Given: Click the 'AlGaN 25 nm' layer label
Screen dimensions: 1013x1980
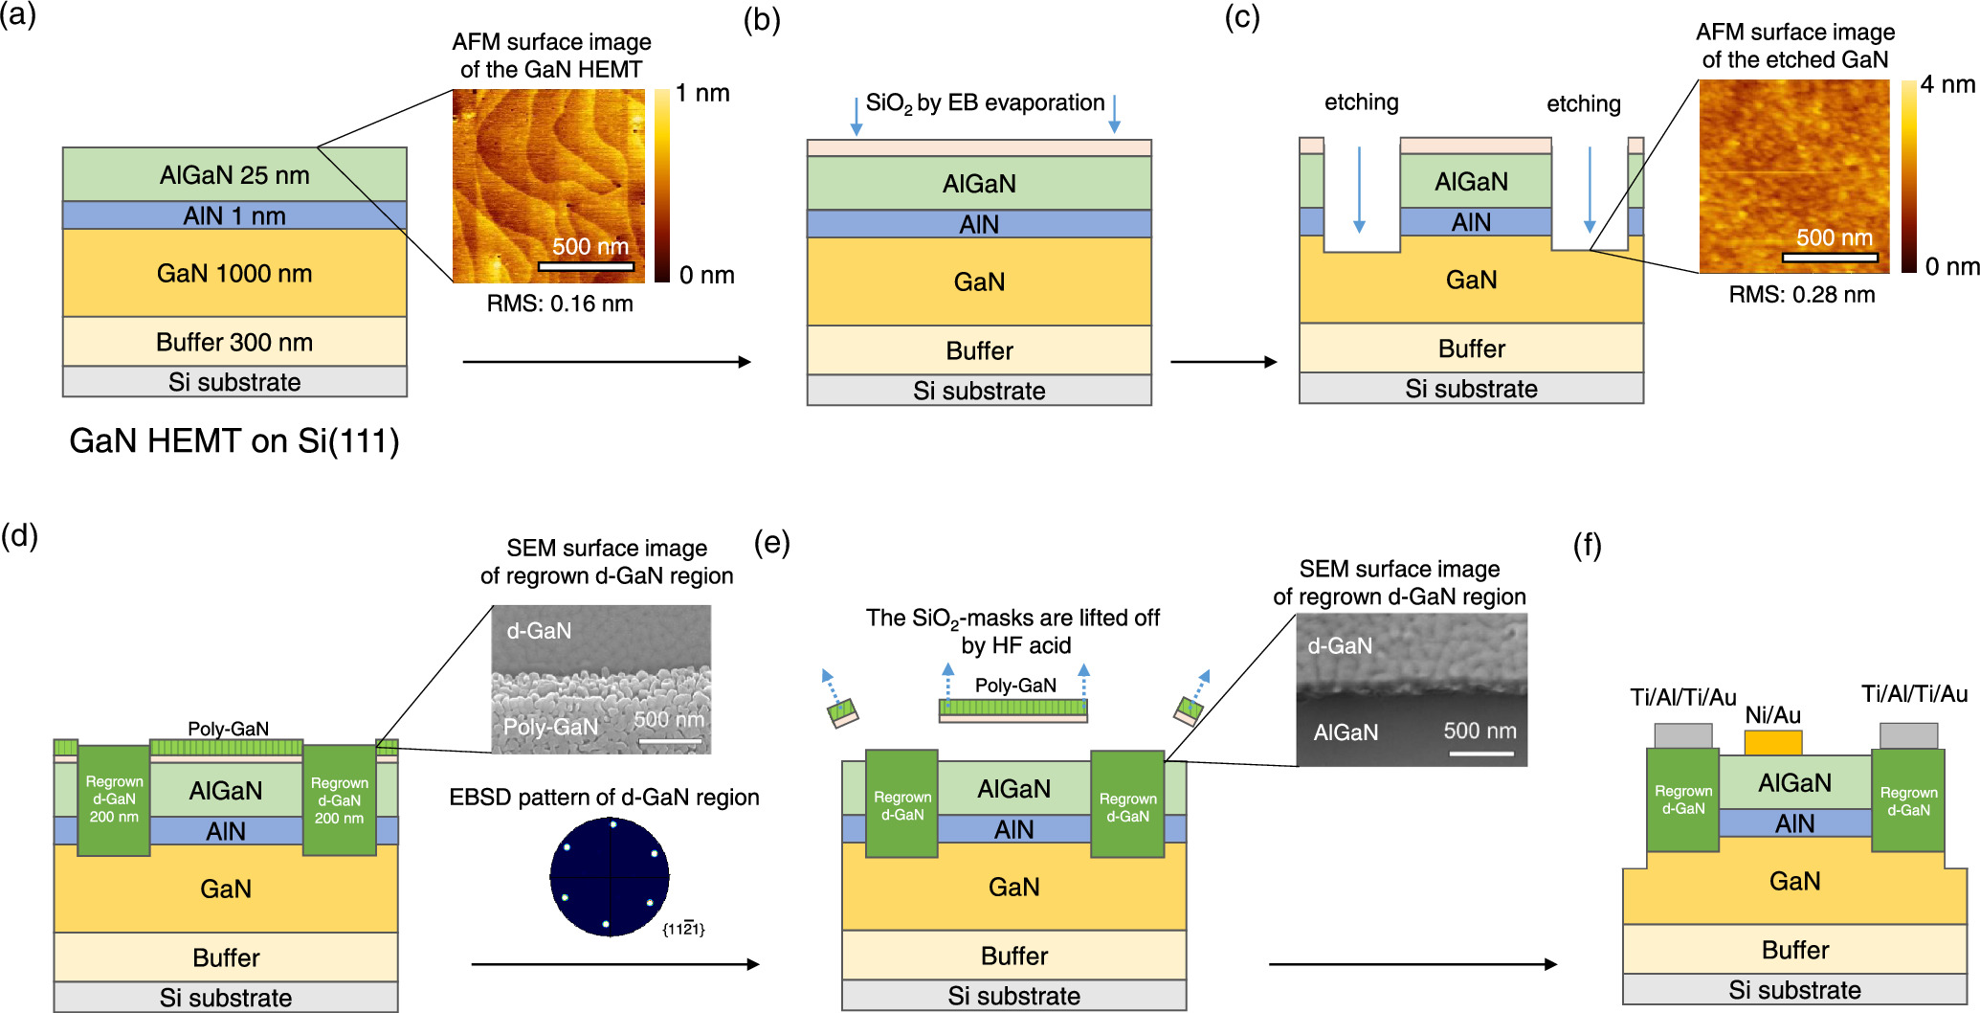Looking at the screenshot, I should pyautogui.click(x=234, y=175).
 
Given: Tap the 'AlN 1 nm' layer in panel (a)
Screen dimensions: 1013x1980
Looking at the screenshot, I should pyautogui.click(x=234, y=215).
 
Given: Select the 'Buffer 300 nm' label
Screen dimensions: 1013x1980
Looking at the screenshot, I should pyautogui.click(x=234, y=342).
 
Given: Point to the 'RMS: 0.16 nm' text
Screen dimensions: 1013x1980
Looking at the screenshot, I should pyautogui.click(x=560, y=304).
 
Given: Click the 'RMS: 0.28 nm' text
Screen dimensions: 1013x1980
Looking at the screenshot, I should pyautogui.click(x=1801, y=294).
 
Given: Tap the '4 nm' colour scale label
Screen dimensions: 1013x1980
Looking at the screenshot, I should pyautogui.click(x=1947, y=84).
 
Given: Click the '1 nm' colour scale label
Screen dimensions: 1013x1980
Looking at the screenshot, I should pyautogui.click(x=702, y=93).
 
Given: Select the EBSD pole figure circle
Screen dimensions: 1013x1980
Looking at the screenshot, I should pyautogui.click(x=610, y=876).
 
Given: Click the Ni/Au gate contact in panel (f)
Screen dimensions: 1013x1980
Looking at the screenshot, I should pyautogui.click(x=1772, y=743).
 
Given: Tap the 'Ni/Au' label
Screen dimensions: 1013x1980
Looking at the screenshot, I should pyautogui.click(x=1772, y=714).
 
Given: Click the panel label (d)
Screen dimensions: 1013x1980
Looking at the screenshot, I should pyautogui.click(x=19, y=535).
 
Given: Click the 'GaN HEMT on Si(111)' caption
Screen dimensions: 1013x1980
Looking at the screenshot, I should pyautogui.click(x=234, y=440).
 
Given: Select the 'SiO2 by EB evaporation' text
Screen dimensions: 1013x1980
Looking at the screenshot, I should pyautogui.click(x=985, y=103).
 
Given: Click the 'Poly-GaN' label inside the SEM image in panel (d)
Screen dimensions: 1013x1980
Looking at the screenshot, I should pyautogui.click(x=550, y=727).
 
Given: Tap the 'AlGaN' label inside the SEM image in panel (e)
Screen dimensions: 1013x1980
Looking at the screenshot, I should pyautogui.click(x=1346, y=732).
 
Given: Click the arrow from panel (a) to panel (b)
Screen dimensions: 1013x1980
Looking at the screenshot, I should pyautogui.click(x=607, y=362).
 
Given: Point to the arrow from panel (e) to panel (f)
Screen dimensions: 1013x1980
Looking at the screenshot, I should pyautogui.click(x=1413, y=964).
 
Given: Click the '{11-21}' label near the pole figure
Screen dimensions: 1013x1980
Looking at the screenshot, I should pyautogui.click(x=683, y=929).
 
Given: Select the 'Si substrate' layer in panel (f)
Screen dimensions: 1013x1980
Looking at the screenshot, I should pyautogui.click(x=1794, y=990).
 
